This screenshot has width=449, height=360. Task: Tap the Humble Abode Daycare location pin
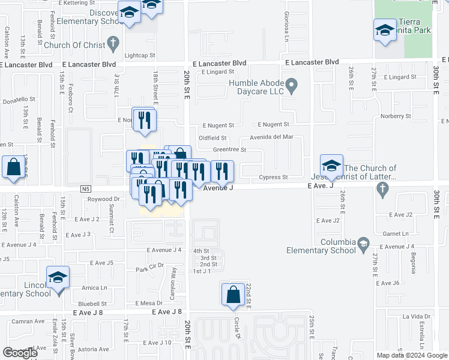tap(292, 87)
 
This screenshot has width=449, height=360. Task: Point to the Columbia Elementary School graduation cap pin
tap(363, 244)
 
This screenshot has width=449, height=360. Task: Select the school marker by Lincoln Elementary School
tap(58, 278)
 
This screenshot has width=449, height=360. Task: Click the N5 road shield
tap(85, 188)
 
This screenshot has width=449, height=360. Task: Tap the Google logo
tap(20, 353)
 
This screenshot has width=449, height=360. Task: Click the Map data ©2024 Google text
tap(411, 355)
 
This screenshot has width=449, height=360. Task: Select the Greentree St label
tap(229, 149)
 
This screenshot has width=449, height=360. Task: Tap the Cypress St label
tap(274, 178)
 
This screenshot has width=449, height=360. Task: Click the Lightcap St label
tap(140, 55)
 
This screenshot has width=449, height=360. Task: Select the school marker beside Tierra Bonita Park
tap(385, 31)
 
